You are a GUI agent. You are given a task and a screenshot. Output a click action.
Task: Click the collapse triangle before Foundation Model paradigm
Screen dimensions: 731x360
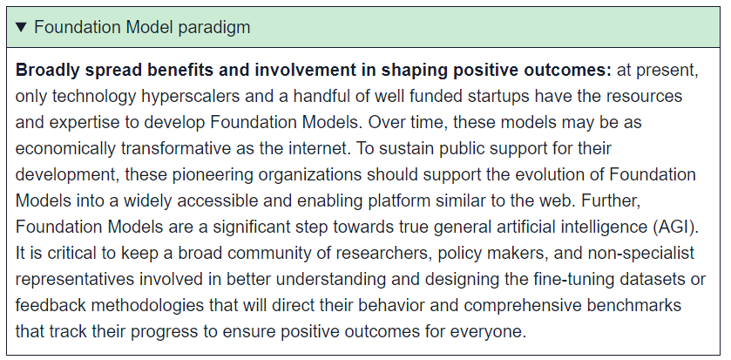pyautogui.click(x=22, y=27)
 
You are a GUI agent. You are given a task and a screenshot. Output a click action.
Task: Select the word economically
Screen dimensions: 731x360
pyautogui.click(x=65, y=149)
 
